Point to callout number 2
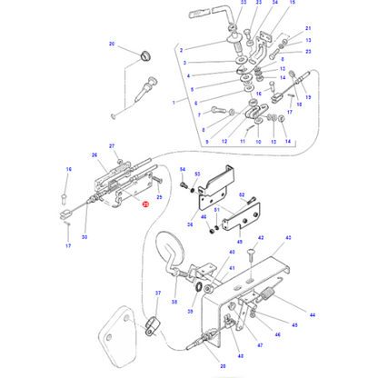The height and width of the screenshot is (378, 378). [x=182, y=49]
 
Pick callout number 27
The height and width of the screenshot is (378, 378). [x=113, y=146]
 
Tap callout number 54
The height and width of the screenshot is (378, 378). [x=182, y=170]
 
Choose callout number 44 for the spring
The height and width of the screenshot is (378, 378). [x=312, y=313]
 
